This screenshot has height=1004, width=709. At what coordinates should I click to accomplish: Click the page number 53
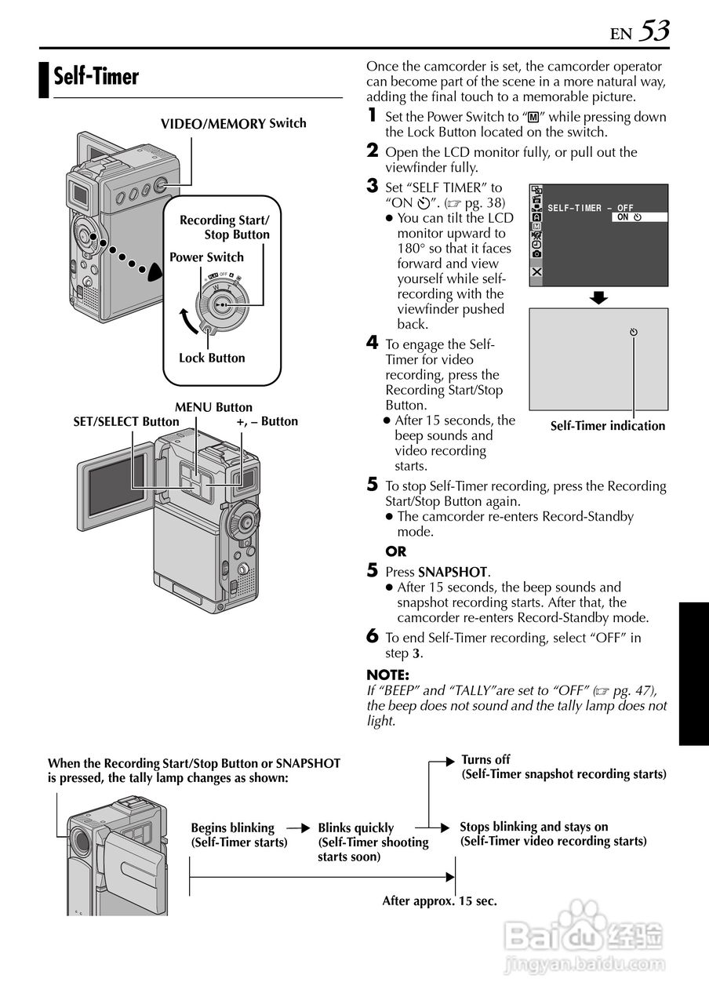pos(653,31)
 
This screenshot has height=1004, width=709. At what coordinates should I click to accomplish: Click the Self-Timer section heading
pos(96,77)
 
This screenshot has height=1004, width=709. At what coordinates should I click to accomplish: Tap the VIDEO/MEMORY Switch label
pos(233,124)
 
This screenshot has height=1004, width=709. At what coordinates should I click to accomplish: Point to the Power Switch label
pos(206,257)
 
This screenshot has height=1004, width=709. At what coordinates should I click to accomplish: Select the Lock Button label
pos(212,358)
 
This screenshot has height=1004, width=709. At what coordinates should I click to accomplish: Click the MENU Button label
pos(213,407)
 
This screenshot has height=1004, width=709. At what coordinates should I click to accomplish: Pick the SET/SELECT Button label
pos(125,422)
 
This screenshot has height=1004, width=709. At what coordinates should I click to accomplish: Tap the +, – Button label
pos(267,422)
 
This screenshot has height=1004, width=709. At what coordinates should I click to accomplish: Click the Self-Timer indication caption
pos(607,426)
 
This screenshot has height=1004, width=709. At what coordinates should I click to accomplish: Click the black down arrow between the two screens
pos(599,297)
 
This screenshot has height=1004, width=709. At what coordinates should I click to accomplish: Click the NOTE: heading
pos(387,675)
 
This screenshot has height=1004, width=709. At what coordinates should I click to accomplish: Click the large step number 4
pos(373,342)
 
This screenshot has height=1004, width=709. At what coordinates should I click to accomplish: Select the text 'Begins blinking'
pos(232,828)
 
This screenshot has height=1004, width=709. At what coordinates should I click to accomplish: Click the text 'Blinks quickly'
pos(355,828)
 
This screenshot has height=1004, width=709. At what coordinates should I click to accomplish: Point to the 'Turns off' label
pos(485,759)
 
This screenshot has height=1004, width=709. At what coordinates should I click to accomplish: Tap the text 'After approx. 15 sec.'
pos(439,901)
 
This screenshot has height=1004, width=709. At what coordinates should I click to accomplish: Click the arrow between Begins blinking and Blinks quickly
pos(298,827)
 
